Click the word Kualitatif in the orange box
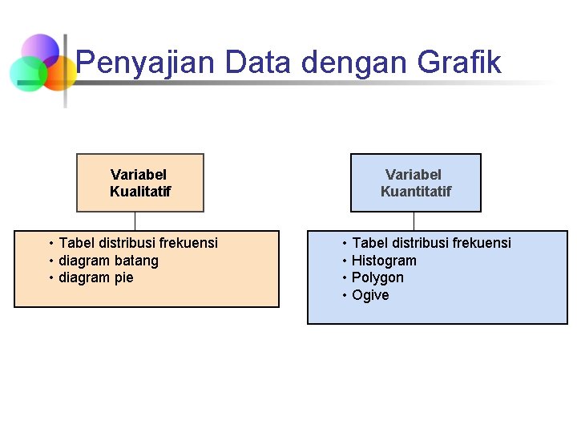click(140, 192)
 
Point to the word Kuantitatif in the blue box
click(415, 192)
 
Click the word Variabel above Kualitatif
click(139, 175)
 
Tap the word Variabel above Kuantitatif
click(414, 175)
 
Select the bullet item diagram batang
click(108, 261)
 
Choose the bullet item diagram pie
click(96, 278)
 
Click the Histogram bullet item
click(384, 261)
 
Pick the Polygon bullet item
click(377, 278)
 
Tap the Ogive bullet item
click(370, 296)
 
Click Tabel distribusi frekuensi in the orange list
click(138, 243)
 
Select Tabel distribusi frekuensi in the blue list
click(431, 243)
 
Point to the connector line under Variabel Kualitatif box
click(135, 221)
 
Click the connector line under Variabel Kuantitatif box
click(414, 221)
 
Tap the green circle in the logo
click(27, 75)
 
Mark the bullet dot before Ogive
click(345, 296)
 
